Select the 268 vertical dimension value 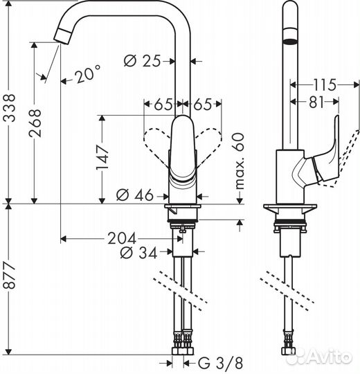coord(36,123)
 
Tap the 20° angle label coord(87,73)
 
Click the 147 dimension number coord(101,158)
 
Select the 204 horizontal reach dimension coord(126,239)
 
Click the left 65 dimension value coord(163,105)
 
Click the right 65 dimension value coord(202,105)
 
